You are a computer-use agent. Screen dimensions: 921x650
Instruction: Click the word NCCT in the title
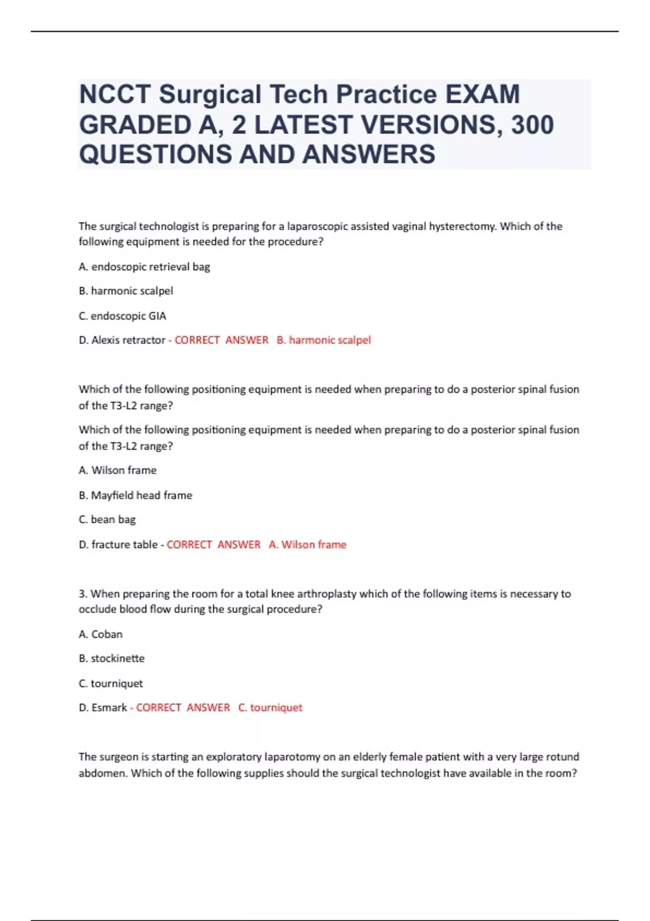114,94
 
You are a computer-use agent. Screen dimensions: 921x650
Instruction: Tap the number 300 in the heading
532,125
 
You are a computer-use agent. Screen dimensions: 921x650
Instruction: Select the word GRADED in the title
135,125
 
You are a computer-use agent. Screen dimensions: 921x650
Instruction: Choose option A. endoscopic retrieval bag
144,267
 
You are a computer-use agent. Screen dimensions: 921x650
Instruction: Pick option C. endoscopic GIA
122,316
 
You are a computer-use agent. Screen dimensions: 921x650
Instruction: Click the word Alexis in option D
106,340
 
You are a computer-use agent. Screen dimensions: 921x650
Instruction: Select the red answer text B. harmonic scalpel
323,340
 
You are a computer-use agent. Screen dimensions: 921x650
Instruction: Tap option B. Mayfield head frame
135,495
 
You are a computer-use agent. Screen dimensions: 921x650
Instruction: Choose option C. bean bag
107,520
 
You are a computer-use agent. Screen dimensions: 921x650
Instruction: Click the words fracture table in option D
125,544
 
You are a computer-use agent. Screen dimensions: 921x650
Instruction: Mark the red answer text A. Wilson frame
307,544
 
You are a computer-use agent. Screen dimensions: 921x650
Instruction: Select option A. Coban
101,634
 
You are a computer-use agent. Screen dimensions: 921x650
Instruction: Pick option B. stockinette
112,658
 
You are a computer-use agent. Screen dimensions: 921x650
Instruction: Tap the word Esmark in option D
109,708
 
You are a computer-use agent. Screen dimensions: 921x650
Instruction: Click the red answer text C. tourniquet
270,708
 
